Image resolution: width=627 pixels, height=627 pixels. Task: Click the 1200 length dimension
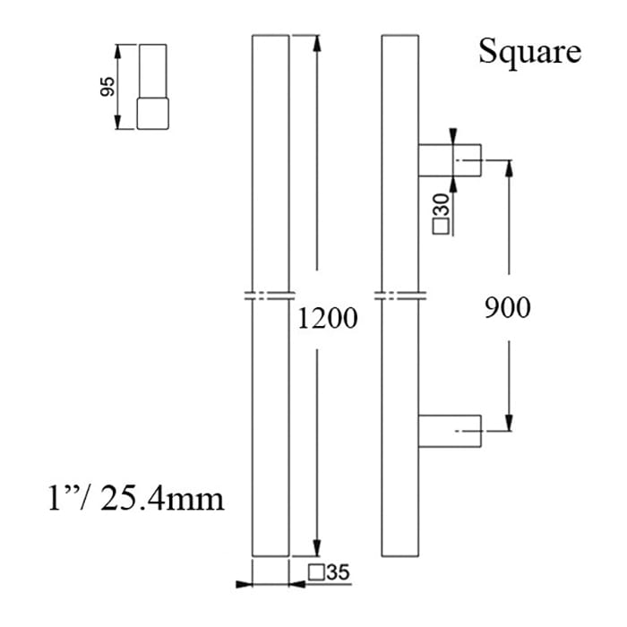coord(328,317)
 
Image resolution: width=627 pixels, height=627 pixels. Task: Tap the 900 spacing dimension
coord(507,307)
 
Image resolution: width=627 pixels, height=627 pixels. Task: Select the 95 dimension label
coord(107,87)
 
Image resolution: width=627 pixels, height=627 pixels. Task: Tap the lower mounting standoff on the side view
coord(451,431)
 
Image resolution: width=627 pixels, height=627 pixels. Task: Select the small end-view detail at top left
coord(152,87)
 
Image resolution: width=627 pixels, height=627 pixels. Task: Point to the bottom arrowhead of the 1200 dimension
coord(315,548)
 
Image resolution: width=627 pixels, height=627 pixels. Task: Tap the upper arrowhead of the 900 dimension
coord(509,167)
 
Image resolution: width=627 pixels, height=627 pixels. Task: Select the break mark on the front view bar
coord(271,296)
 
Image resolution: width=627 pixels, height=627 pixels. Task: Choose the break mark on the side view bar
coord(400,296)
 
